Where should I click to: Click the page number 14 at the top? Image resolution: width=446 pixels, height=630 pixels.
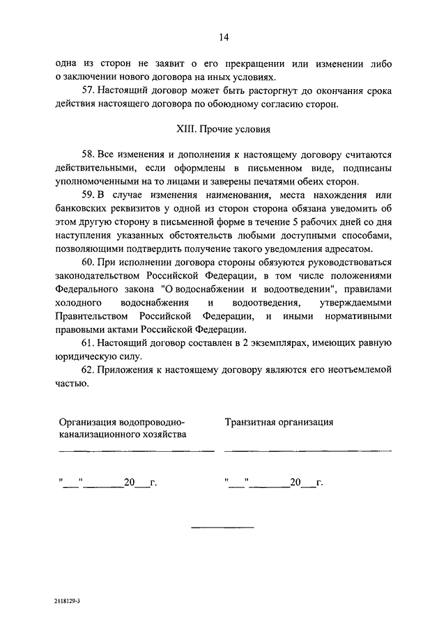(x=223, y=37)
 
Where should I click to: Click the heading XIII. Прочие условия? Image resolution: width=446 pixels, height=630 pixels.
(x=223, y=129)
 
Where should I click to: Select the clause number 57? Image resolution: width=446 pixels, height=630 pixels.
(x=88, y=90)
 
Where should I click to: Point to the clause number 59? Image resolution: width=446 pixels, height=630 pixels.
(x=88, y=196)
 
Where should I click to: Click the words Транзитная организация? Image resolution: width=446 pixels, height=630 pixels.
(x=279, y=421)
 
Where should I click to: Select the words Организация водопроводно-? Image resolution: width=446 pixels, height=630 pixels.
(x=121, y=421)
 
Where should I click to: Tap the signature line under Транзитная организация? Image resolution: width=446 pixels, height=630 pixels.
(x=307, y=451)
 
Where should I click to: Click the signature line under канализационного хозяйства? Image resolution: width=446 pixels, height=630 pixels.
(x=137, y=451)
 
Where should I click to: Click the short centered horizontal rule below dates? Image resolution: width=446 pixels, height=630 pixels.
(x=223, y=526)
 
